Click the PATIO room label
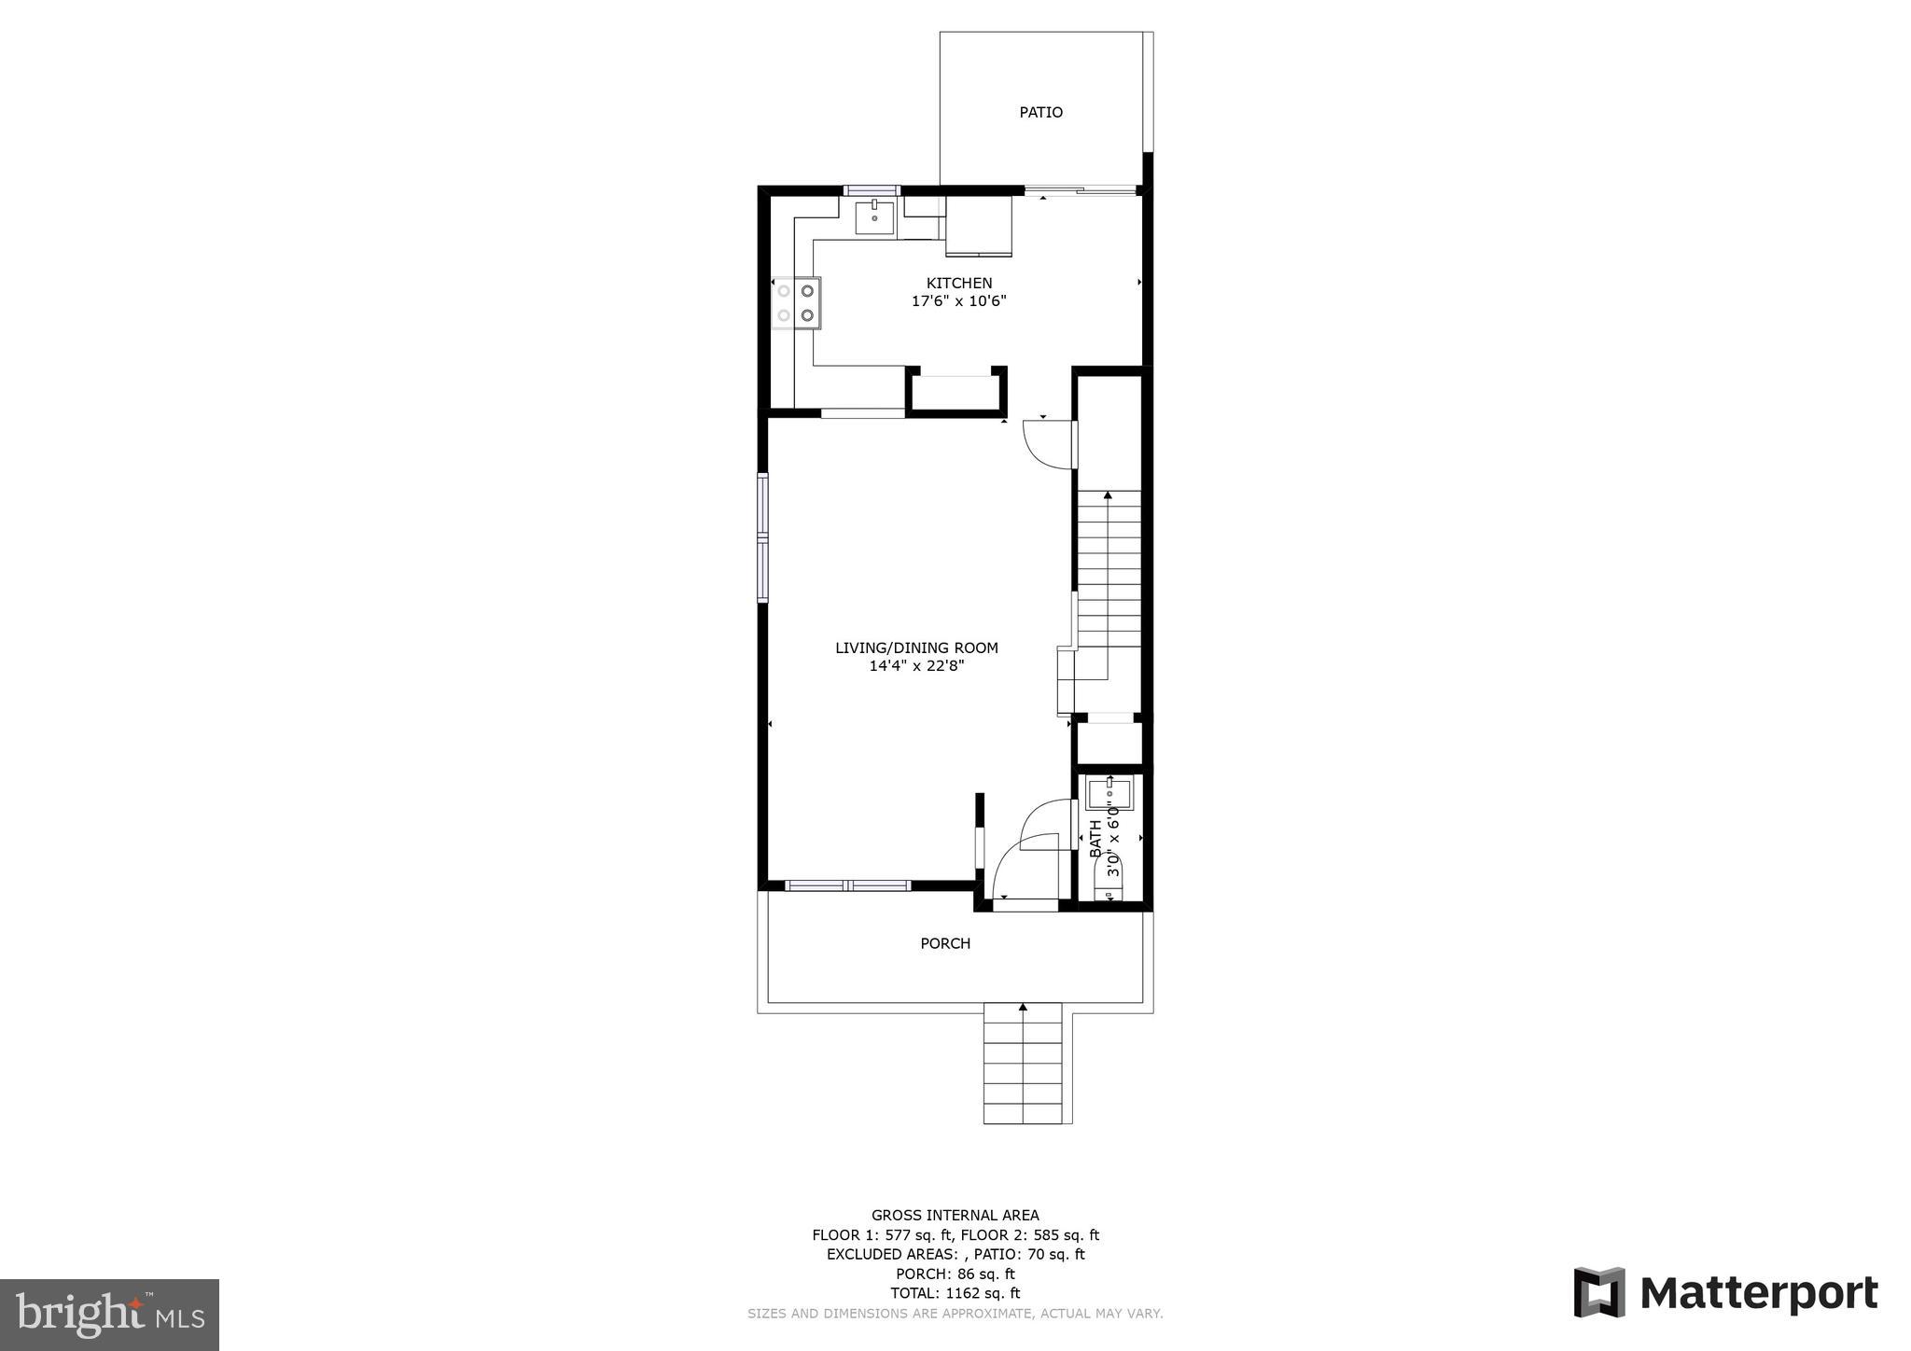[x=1040, y=112]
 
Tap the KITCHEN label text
[x=958, y=283]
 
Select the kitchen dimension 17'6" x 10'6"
[x=958, y=301]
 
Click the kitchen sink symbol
[x=874, y=216]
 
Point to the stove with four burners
[x=796, y=303]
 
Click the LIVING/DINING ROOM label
[x=916, y=648]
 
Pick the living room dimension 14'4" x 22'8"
[x=916, y=666]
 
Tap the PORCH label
[x=945, y=943]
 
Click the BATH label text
[x=1095, y=839]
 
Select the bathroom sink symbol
[x=1109, y=794]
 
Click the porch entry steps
[x=1023, y=1064]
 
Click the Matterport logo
[x=1725, y=1292]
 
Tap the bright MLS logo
[x=109, y=1315]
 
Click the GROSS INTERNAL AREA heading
[x=955, y=1215]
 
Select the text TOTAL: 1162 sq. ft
[x=955, y=1293]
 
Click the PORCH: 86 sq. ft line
[x=955, y=1274]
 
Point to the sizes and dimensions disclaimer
[x=955, y=1314]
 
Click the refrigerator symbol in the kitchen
[x=979, y=227]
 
